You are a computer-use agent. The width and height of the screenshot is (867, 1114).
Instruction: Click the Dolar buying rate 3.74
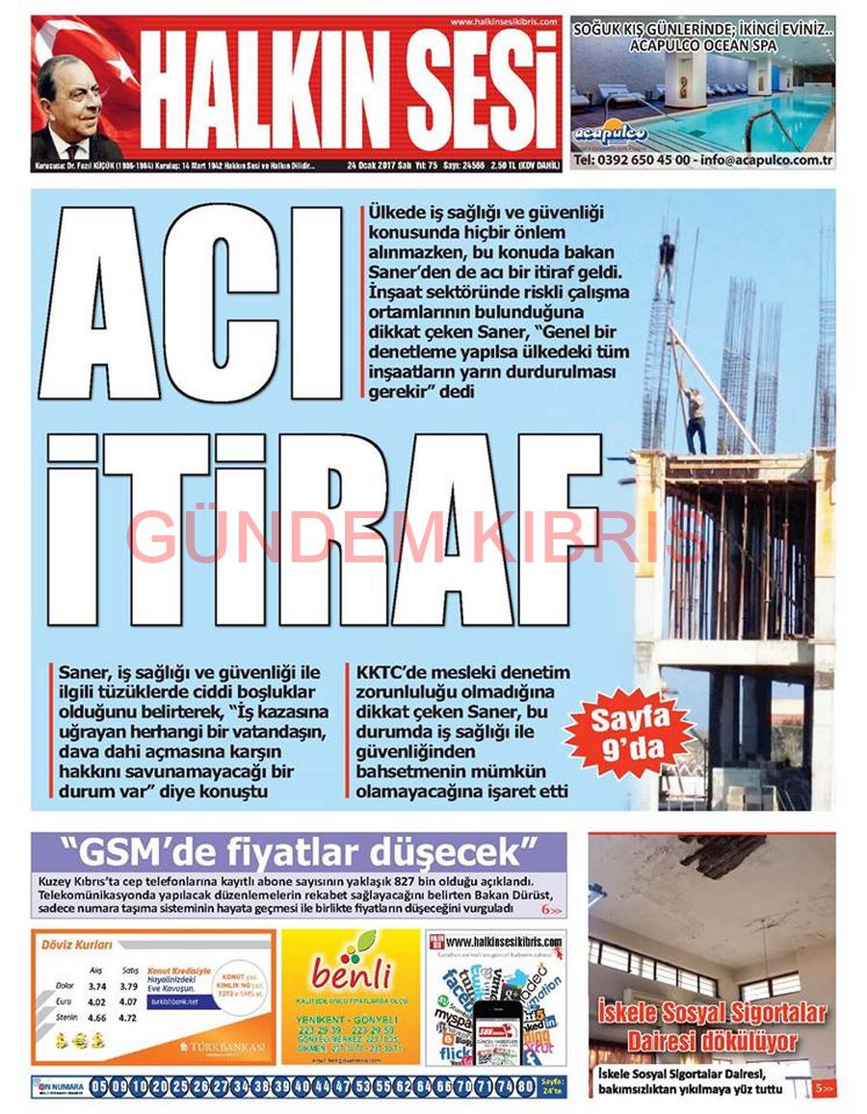pos(96,986)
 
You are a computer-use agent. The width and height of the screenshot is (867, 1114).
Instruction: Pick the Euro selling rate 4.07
pos(129,1001)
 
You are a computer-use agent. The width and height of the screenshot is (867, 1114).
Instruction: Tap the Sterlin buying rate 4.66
pos(96,1017)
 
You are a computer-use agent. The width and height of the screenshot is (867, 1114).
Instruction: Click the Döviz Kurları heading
pos(77,946)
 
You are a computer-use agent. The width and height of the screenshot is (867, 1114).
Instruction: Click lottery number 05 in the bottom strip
pos(99,1087)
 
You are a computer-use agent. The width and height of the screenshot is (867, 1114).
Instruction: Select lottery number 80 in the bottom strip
pos(525,1087)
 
